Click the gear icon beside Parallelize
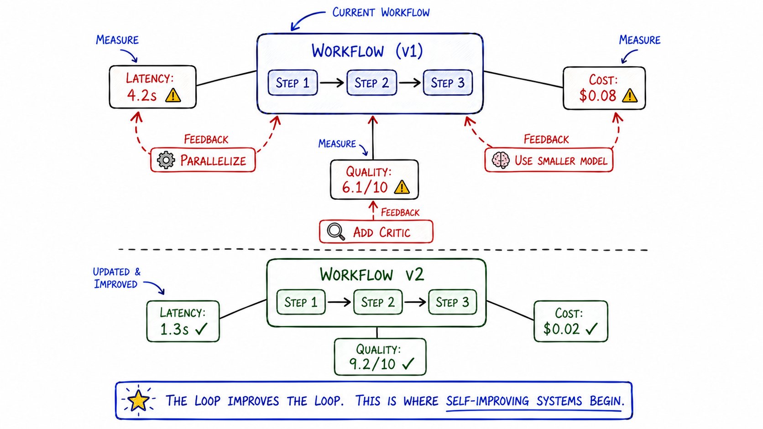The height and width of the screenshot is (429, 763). pos(166,160)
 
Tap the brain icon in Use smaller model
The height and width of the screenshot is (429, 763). pos(501,160)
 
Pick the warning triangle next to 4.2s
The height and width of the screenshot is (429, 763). pos(173,95)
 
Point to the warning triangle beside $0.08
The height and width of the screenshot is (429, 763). pos(629,96)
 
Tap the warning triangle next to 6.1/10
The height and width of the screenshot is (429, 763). pos(402,187)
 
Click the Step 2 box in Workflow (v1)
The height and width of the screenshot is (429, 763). pos(371,83)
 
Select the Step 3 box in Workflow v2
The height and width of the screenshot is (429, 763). pos(452,302)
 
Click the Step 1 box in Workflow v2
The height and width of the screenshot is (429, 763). pos(301,302)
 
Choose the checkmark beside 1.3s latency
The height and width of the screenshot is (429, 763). pos(201,329)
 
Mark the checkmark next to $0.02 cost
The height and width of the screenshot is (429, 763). pos(592,328)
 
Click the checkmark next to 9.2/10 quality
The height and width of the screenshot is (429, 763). pos(408,364)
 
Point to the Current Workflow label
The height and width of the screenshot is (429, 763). pos(381,13)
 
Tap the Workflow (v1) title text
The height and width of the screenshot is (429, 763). pos(367,52)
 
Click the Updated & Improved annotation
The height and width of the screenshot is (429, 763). pos(116,278)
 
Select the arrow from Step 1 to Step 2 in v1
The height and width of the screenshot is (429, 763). pos(332,83)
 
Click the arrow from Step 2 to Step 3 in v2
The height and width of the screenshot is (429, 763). pos(415,302)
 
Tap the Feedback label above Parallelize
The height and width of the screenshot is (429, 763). pos(206,139)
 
